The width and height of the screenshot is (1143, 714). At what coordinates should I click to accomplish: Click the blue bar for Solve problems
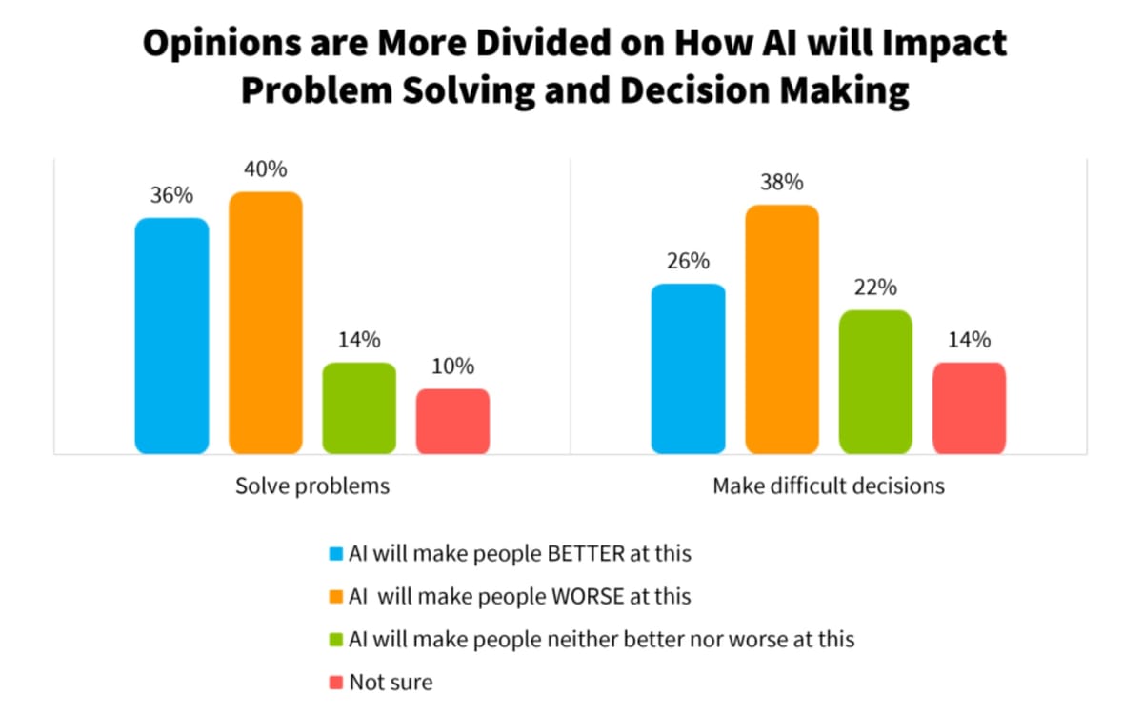tap(171, 335)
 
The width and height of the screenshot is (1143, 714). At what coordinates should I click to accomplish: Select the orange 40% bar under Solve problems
tap(266, 322)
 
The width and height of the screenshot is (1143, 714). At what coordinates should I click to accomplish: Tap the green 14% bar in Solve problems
tap(359, 407)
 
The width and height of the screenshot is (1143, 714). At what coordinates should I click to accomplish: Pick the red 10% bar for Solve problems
tap(452, 421)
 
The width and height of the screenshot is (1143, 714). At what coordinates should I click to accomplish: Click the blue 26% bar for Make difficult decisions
tap(688, 368)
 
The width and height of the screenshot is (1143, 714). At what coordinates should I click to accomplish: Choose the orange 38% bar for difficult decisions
tap(782, 328)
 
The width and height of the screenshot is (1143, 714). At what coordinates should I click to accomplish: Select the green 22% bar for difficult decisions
tap(875, 381)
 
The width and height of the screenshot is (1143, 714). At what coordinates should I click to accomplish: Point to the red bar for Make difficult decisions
tap(969, 407)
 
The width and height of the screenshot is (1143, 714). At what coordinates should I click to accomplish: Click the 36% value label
tap(171, 195)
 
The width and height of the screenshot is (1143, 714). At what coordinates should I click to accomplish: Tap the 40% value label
tap(266, 169)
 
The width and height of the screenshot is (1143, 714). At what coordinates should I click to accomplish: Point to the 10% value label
tap(452, 367)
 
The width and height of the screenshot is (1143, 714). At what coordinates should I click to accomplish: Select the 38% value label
tap(782, 182)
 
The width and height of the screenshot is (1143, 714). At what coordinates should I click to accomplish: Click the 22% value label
tap(875, 288)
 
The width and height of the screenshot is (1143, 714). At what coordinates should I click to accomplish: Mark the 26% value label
tap(688, 261)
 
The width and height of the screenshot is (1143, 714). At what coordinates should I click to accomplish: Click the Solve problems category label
tap(312, 486)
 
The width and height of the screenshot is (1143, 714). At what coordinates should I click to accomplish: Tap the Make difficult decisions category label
tap(829, 486)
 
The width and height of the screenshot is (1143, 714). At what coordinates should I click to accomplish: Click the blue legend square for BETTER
tap(335, 553)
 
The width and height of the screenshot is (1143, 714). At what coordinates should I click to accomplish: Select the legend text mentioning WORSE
tap(520, 596)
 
